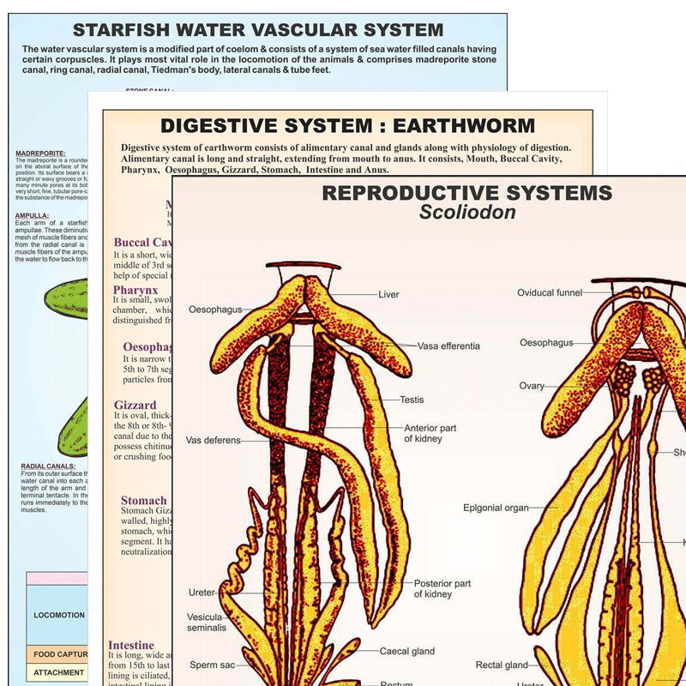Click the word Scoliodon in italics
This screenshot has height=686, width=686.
pos(467,212)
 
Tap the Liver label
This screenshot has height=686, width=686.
pos(388,294)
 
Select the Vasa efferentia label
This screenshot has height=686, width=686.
pos(448,346)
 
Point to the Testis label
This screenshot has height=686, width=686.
pos(412,400)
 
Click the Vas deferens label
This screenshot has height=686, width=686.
pos(214,441)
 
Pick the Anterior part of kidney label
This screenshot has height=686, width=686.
pos(436,433)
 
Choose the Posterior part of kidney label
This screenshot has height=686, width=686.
pos(442,589)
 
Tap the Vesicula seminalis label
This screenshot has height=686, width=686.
pos(207,622)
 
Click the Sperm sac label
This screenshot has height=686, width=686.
pos(211,665)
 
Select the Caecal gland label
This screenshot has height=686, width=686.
pos(407,652)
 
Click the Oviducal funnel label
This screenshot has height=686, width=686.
pos(550,292)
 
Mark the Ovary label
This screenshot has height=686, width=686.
pos(532,386)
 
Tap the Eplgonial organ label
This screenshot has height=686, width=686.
pos(496,508)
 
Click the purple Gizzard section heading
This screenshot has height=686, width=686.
pos(135,405)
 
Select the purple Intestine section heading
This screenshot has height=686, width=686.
pos(131,645)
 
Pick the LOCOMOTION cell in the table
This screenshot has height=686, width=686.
pos(58,615)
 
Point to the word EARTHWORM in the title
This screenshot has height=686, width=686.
pos(467,126)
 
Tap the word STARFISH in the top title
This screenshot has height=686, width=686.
pos(123,30)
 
